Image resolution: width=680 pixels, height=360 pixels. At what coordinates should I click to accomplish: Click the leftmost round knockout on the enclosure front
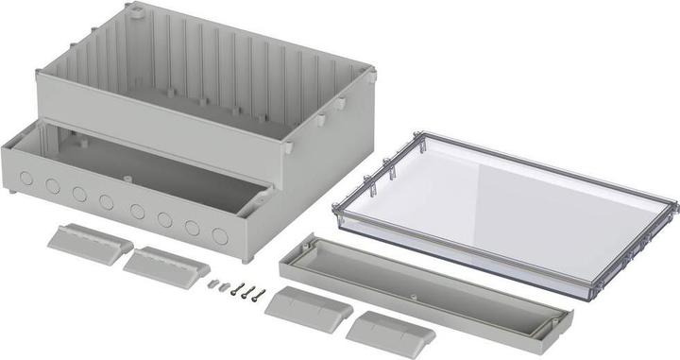(26, 177)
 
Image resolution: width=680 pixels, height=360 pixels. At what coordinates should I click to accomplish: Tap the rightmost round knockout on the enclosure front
(220, 236)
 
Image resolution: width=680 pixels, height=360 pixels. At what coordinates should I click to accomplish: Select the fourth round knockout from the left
(106, 201)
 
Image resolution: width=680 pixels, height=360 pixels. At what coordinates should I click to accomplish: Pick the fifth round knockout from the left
(138, 211)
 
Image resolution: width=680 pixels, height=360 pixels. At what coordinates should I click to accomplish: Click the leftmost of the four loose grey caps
(90, 240)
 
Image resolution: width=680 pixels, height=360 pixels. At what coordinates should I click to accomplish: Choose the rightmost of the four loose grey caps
(390, 333)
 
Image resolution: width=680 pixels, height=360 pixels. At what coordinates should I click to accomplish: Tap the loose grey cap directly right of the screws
(309, 307)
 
